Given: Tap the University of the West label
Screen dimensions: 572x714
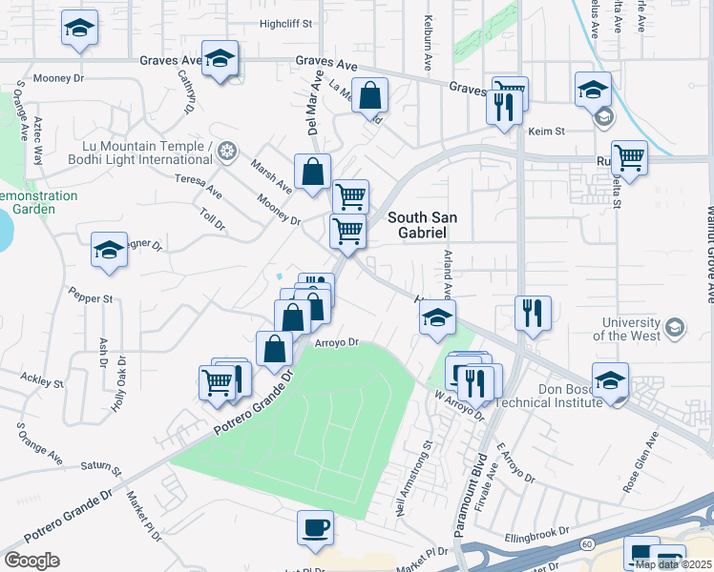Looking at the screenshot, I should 626,330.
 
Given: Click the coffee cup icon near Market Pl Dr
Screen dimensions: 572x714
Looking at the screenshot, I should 315,527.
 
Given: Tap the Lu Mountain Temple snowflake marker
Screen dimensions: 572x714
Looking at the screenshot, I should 226,151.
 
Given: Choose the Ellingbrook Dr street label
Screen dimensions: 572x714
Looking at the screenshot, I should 537,531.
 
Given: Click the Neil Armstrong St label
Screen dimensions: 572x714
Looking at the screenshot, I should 413,478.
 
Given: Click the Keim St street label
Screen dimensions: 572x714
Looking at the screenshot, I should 548,131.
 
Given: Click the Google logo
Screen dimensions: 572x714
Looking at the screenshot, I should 31,561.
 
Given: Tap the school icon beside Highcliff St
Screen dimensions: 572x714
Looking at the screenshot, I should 80,29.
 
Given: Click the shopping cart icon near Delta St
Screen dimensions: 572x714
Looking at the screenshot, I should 629,156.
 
